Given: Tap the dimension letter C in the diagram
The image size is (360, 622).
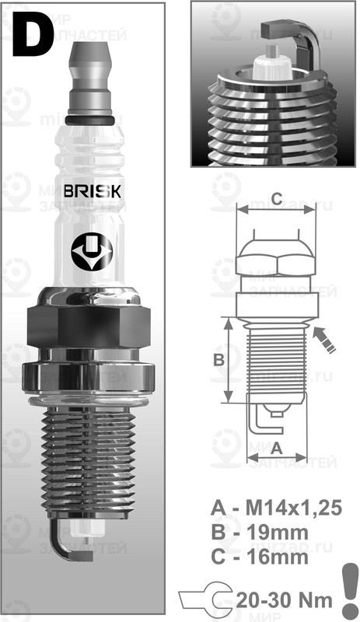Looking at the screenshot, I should pyautogui.click(x=275, y=195).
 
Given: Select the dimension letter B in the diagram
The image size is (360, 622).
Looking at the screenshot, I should pyautogui.click(x=218, y=360).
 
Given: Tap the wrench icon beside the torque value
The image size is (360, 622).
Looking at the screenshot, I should pyautogui.click(x=204, y=599).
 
